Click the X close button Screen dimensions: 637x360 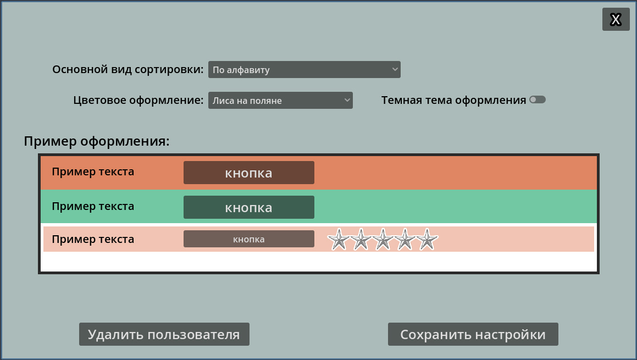coord(616,19)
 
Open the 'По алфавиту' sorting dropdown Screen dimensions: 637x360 coord(304,69)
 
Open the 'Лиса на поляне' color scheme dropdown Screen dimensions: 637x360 coord(280,101)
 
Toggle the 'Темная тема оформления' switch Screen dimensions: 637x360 coord(538,99)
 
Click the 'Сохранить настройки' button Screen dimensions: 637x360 coord(473,334)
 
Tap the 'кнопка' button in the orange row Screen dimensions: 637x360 coord(248,173)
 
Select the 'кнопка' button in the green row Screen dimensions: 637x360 coord(248,207)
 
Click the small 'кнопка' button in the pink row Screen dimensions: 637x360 coord(248,239)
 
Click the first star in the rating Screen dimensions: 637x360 coord(339,239)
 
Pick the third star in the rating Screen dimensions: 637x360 coord(383,239)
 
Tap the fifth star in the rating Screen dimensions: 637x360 coord(427,239)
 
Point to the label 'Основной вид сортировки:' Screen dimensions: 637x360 coord(128,69)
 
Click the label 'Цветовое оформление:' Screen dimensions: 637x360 coord(139,101)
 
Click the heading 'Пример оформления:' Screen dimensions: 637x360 coord(97,141)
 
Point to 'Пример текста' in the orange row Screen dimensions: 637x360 coord(93,172)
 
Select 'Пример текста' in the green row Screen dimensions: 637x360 coord(93,207)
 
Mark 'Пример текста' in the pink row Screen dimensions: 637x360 coord(93,239)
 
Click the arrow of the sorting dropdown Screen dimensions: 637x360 coord(395,69)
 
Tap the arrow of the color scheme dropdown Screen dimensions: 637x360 coord(347,100)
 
